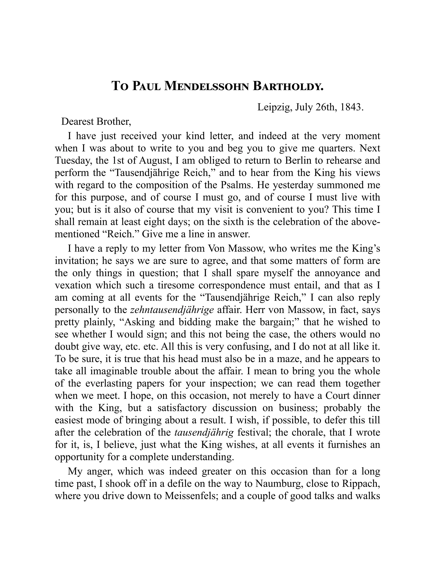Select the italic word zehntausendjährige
[172, 309]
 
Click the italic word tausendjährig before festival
[204, 432]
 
